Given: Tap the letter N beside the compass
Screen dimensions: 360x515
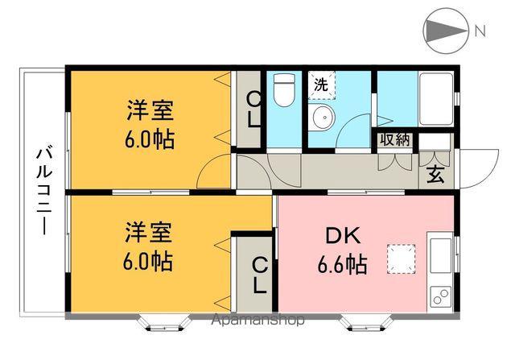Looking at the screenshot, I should point(480,32).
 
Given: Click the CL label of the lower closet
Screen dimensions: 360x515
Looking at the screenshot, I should point(259,274).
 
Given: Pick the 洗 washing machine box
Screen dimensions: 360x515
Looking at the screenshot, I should point(320,83).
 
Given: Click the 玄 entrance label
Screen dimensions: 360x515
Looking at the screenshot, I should point(435,172).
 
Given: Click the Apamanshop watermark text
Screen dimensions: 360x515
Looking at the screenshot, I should point(257,320).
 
